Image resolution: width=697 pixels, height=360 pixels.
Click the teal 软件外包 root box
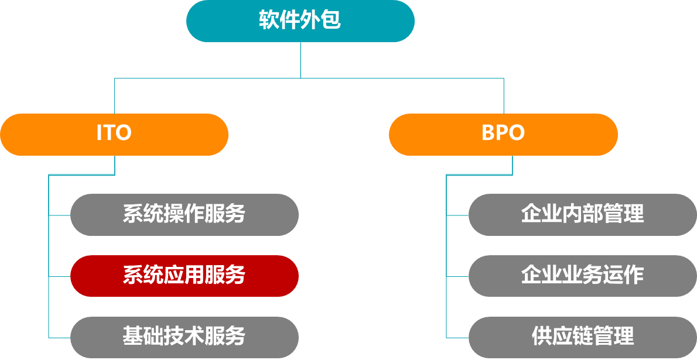(x=300, y=21)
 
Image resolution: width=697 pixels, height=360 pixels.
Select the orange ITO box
(x=114, y=134)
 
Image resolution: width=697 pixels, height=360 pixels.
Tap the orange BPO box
(x=503, y=134)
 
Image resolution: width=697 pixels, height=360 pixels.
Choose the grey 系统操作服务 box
(x=184, y=215)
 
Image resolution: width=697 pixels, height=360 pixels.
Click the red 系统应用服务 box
(x=184, y=276)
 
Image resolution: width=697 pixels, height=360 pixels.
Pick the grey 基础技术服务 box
(x=184, y=337)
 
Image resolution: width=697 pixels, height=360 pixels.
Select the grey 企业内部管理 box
(x=582, y=215)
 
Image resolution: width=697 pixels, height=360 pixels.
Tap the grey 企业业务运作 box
(x=582, y=276)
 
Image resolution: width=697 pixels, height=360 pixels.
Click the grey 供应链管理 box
(x=582, y=337)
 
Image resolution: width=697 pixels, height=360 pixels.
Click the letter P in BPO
(x=503, y=133)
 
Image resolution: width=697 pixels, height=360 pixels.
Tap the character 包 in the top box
(x=331, y=21)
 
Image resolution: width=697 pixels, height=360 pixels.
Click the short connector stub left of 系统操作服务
(x=60, y=215)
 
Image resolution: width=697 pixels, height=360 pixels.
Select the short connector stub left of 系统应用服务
(x=60, y=276)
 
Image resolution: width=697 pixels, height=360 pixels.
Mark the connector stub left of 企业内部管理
(x=457, y=215)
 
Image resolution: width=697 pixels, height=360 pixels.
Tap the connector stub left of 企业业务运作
(x=457, y=276)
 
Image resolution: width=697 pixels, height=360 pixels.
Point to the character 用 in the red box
(x=194, y=276)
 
